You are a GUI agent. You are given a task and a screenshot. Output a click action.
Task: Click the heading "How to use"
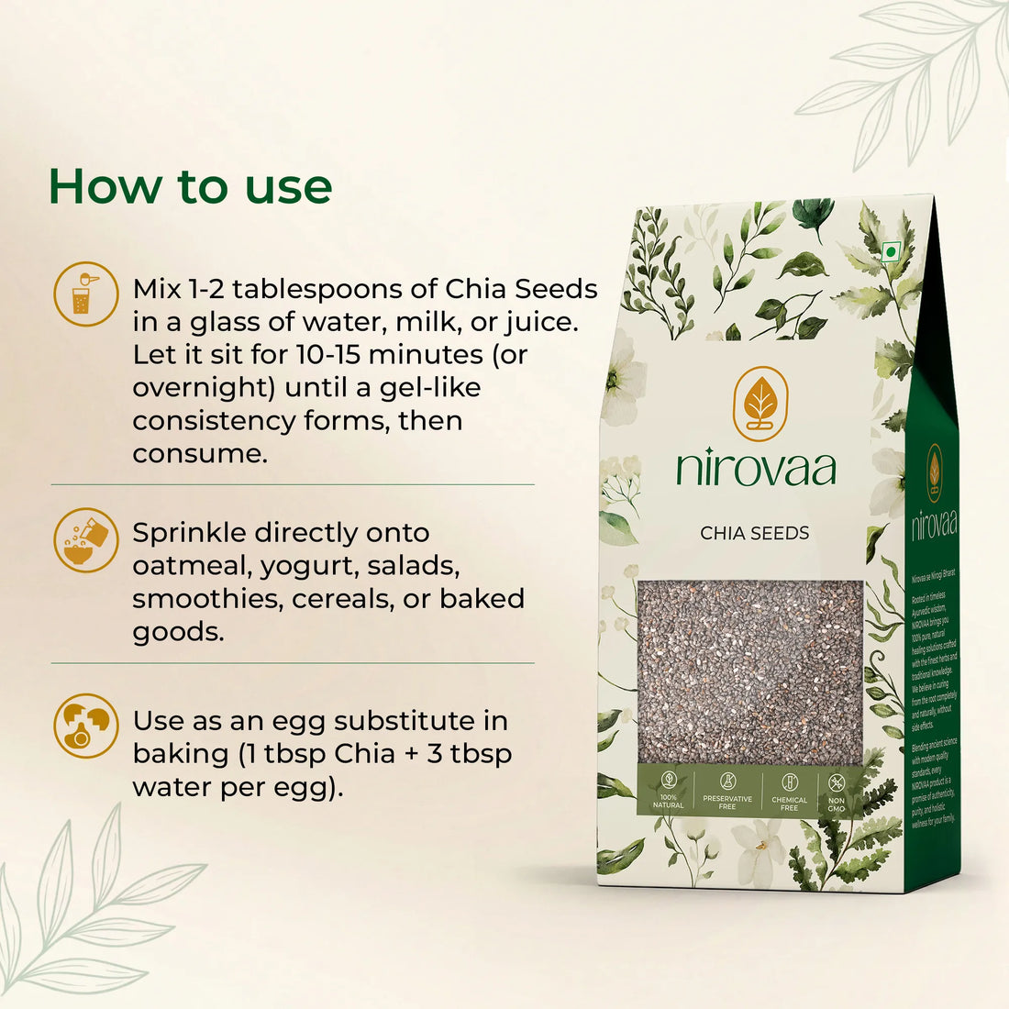(190, 186)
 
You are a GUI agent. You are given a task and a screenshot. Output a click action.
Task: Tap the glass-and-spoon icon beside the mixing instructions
(85, 294)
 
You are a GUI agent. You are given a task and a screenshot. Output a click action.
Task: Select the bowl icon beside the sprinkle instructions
(85, 540)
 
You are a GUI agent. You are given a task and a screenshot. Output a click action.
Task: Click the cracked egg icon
(85, 726)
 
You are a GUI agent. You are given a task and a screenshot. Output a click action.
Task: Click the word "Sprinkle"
(190, 532)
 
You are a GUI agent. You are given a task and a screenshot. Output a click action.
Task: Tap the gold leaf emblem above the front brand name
(760, 403)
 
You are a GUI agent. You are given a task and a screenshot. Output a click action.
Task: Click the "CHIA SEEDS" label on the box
(755, 533)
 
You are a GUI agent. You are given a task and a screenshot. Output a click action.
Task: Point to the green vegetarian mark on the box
(888, 251)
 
